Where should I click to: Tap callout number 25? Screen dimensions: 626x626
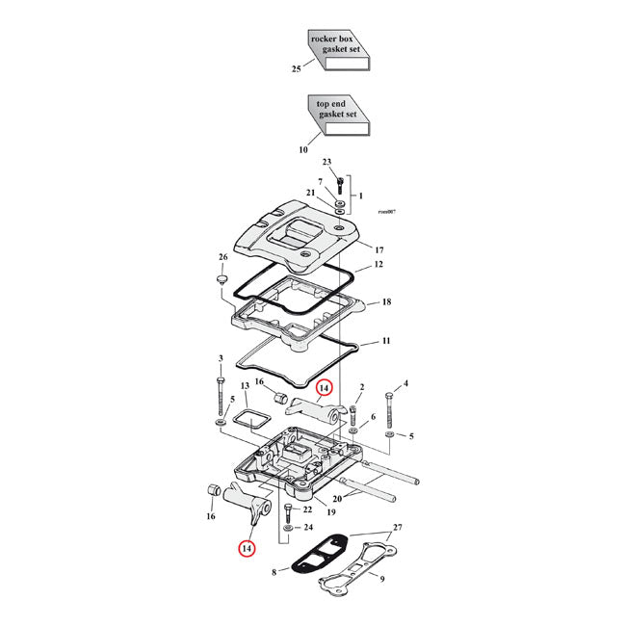[297, 69]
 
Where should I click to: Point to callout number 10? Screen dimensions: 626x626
[302, 149]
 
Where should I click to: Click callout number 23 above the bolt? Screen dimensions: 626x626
[326, 162]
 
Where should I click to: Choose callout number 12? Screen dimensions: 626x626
[379, 264]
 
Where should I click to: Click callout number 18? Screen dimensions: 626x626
[385, 301]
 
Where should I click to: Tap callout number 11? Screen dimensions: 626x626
[385, 342]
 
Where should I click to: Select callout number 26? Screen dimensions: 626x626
[222, 257]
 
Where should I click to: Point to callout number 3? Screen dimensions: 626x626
[222, 359]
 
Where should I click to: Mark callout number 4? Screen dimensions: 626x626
[405, 383]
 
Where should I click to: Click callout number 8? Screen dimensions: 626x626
[274, 572]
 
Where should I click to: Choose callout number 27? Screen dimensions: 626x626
[399, 528]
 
